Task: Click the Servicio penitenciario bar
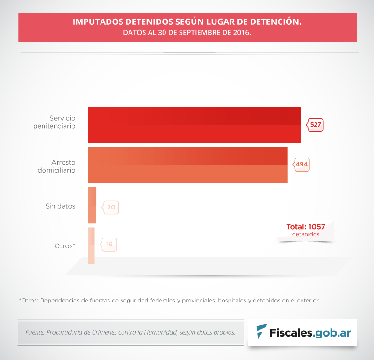(x=194, y=125)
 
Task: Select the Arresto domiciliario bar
(x=187, y=165)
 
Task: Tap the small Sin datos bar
(x=92, y=205)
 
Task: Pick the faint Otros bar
(x=91, y=245)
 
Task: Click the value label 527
(x=316, y=125)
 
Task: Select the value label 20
(x=111, y=207)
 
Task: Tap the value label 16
(x=109, y=244)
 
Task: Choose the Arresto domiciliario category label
(x=57, y=166)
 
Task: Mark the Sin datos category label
(x=60, y=206)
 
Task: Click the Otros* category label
(x=65, y=246)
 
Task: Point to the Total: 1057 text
(x=306, y=227)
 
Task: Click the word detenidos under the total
(x=306, y=234)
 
